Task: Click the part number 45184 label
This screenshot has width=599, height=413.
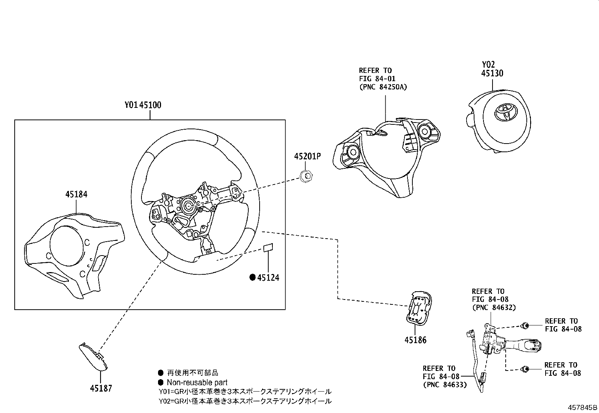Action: [x=76, y=194]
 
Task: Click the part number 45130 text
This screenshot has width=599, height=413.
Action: [x=493, y=73]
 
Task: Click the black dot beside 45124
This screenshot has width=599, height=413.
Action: [x=253, y=278]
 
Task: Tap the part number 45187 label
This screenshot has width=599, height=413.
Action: [x=101, y=388]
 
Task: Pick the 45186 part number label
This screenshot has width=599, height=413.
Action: [x=415, y=340]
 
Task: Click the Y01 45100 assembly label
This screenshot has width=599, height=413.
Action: [x=143, y=105]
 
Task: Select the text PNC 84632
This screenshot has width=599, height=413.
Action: [x=494, y=307]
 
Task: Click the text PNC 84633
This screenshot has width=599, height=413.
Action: [x=445, y=385]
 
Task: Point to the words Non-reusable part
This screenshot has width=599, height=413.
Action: [x=197, y=383]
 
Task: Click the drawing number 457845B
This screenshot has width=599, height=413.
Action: [x=582, y=407]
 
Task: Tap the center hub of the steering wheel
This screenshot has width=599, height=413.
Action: [x=187, y=205]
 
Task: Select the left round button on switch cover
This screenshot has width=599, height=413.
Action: [x=353, y=152]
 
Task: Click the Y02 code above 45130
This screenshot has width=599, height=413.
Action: [x=488, y=65]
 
